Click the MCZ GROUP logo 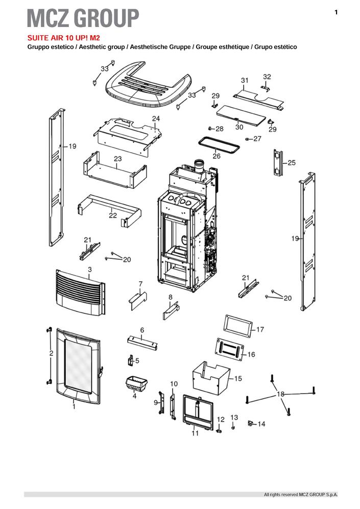pos(83,18)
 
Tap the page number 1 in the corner pos(336,12)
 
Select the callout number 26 pos(217,156)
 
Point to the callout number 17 pos(260,330)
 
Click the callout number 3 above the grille pos(90,269)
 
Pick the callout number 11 pos(195,433)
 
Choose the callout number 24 pos(156,118)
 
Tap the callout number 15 pos(238,379)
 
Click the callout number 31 pos(245,80)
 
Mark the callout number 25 pos(292,163)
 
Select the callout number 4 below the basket pos(134,396)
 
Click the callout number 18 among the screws pos(280,394)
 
